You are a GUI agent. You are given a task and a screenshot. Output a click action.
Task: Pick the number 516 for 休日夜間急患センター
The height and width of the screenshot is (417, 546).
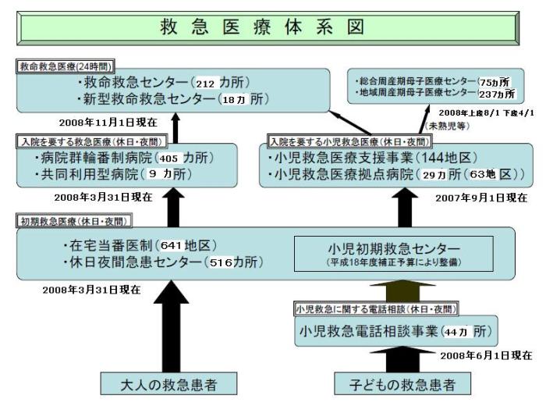click(x=221, y=262)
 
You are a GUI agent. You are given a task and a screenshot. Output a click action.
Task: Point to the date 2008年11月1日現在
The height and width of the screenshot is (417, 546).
click(x=108, y=123)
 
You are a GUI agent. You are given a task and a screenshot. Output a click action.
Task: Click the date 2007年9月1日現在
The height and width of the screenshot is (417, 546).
click(x=481, y=198)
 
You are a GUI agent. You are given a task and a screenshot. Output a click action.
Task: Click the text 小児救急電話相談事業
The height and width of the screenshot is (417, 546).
click(x=369, y=332)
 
